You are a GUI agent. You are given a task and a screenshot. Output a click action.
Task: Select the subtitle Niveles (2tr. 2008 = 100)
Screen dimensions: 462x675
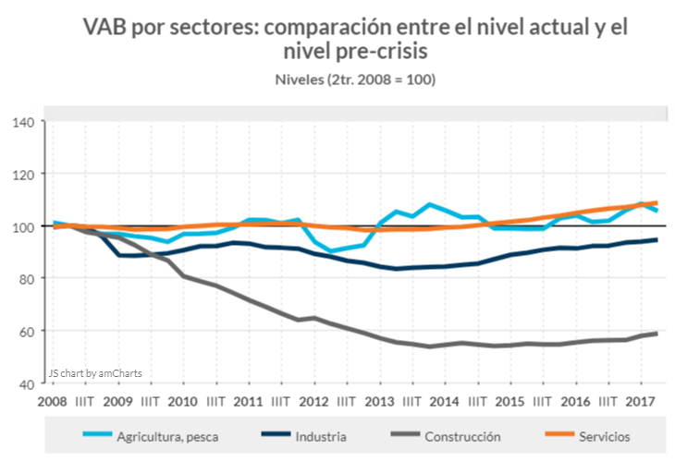pos(355,79)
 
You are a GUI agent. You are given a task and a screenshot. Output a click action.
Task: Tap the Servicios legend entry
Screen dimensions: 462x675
pos(605,435)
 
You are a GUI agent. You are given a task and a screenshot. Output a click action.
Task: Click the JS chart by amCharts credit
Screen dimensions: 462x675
pos(96,374)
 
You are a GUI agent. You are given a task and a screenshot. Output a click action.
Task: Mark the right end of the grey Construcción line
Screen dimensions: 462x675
pos(657,333)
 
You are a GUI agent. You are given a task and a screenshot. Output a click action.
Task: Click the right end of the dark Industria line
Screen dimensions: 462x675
pos(657,239)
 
